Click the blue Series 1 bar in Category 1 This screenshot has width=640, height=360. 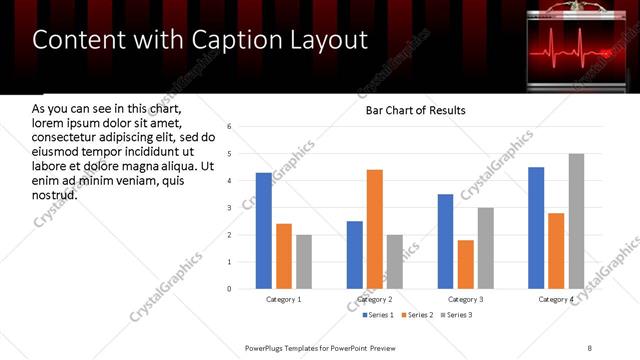click(x=264, y=231)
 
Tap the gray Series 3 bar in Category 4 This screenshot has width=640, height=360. click(x=576, y=221)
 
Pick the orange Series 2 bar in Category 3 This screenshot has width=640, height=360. click(x=466, y=264)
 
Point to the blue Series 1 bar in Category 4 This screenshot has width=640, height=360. click(x=536, y=228)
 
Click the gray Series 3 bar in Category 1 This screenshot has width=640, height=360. click(x=304, y=262)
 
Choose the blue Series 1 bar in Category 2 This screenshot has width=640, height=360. click(x=355, y=255)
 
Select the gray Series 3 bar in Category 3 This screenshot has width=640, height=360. click(x=486, y=248)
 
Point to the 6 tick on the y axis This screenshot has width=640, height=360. click(x=230, y=127)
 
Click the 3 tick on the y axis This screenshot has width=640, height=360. click(x=230, y=208)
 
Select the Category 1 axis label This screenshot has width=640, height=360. click(x=284, y=299)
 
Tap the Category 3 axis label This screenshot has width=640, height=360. click(x=466, y=299)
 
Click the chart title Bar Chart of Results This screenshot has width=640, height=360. click(x=410, y=110)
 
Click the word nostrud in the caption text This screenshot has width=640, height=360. click(x=54, y=195)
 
